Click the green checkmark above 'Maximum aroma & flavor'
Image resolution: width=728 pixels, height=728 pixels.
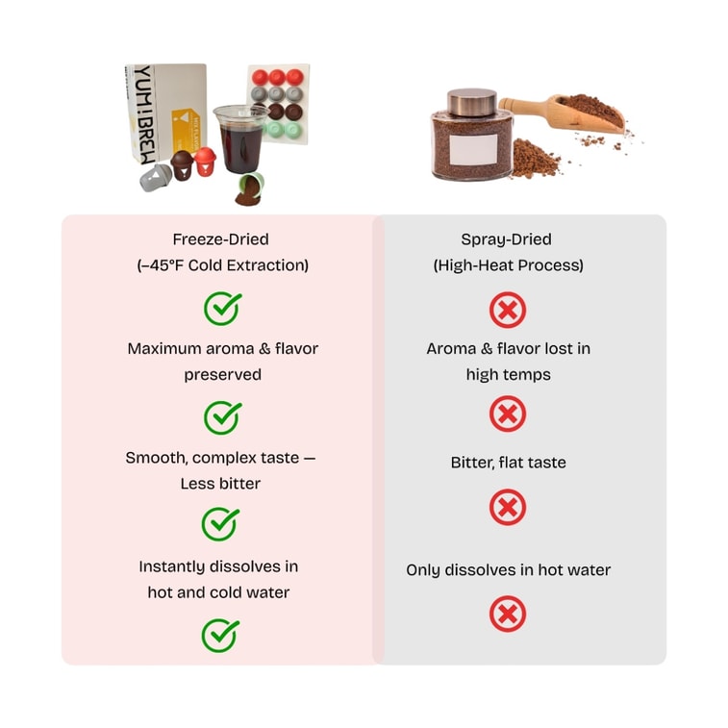coord(222,309)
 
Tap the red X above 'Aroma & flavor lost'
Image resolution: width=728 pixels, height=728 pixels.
coord(508,310)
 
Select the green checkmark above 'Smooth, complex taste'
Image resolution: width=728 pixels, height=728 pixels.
coord(222,417)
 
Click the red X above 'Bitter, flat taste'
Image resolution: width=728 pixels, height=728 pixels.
coord(508,414)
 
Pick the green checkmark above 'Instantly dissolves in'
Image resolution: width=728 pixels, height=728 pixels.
coord(220,524)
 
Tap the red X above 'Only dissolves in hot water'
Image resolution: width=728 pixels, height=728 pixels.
coord(508,507)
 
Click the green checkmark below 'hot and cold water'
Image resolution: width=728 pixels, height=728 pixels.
coord(220,635)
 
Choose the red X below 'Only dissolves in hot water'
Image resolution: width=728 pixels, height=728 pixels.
coord(508,614)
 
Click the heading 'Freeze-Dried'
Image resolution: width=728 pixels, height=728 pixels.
coord(220,239)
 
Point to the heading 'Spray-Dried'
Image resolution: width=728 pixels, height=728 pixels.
coord(506,239)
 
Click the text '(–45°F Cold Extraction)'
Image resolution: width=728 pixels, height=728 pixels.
coord(222,265)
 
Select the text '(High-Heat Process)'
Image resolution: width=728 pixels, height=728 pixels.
coord(508,265)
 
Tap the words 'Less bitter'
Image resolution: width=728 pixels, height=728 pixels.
coord(220,484)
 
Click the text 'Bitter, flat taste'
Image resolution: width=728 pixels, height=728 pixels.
coord(508,463)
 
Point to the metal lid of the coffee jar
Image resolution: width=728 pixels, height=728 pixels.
coord(472,103)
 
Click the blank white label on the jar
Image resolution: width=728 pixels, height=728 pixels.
coord(473,149)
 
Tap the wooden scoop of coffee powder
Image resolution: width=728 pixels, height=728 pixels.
coord(563,113)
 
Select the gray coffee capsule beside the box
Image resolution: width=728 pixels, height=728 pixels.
coord(156,177)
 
